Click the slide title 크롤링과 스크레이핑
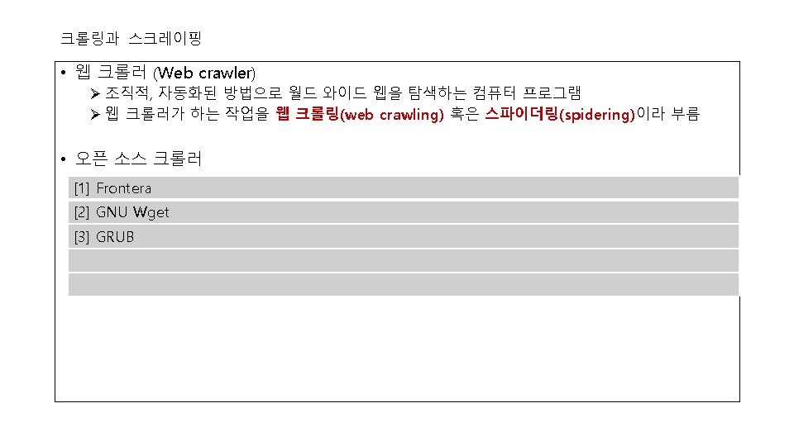click(131, 38)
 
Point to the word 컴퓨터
click(494, 93)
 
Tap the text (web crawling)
click(393, 116)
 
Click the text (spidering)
click(596, 116)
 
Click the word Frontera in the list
click(124, 188)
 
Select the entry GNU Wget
click(132, 212)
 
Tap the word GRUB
click(115, 237)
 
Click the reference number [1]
click(81, 188)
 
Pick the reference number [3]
click(81, 237)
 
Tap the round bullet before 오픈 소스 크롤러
click(63, 159)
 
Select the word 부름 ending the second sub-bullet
click(686, 115)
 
